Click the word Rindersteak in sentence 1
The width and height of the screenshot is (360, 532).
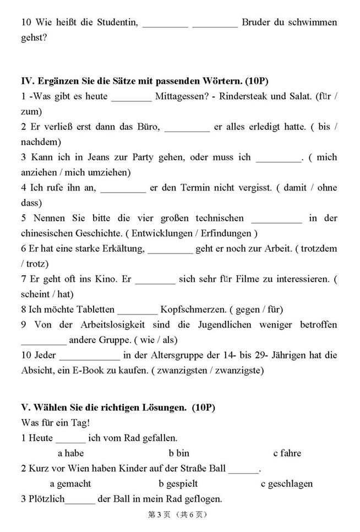point(243,96)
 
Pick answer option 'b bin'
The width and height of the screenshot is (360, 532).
point(179,453)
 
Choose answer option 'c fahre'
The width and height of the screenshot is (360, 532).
point(287,453)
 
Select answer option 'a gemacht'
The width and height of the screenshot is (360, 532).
point(70,484)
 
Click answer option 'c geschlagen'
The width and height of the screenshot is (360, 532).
point(287,484)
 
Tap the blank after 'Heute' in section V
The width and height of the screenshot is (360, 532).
point(71,439)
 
